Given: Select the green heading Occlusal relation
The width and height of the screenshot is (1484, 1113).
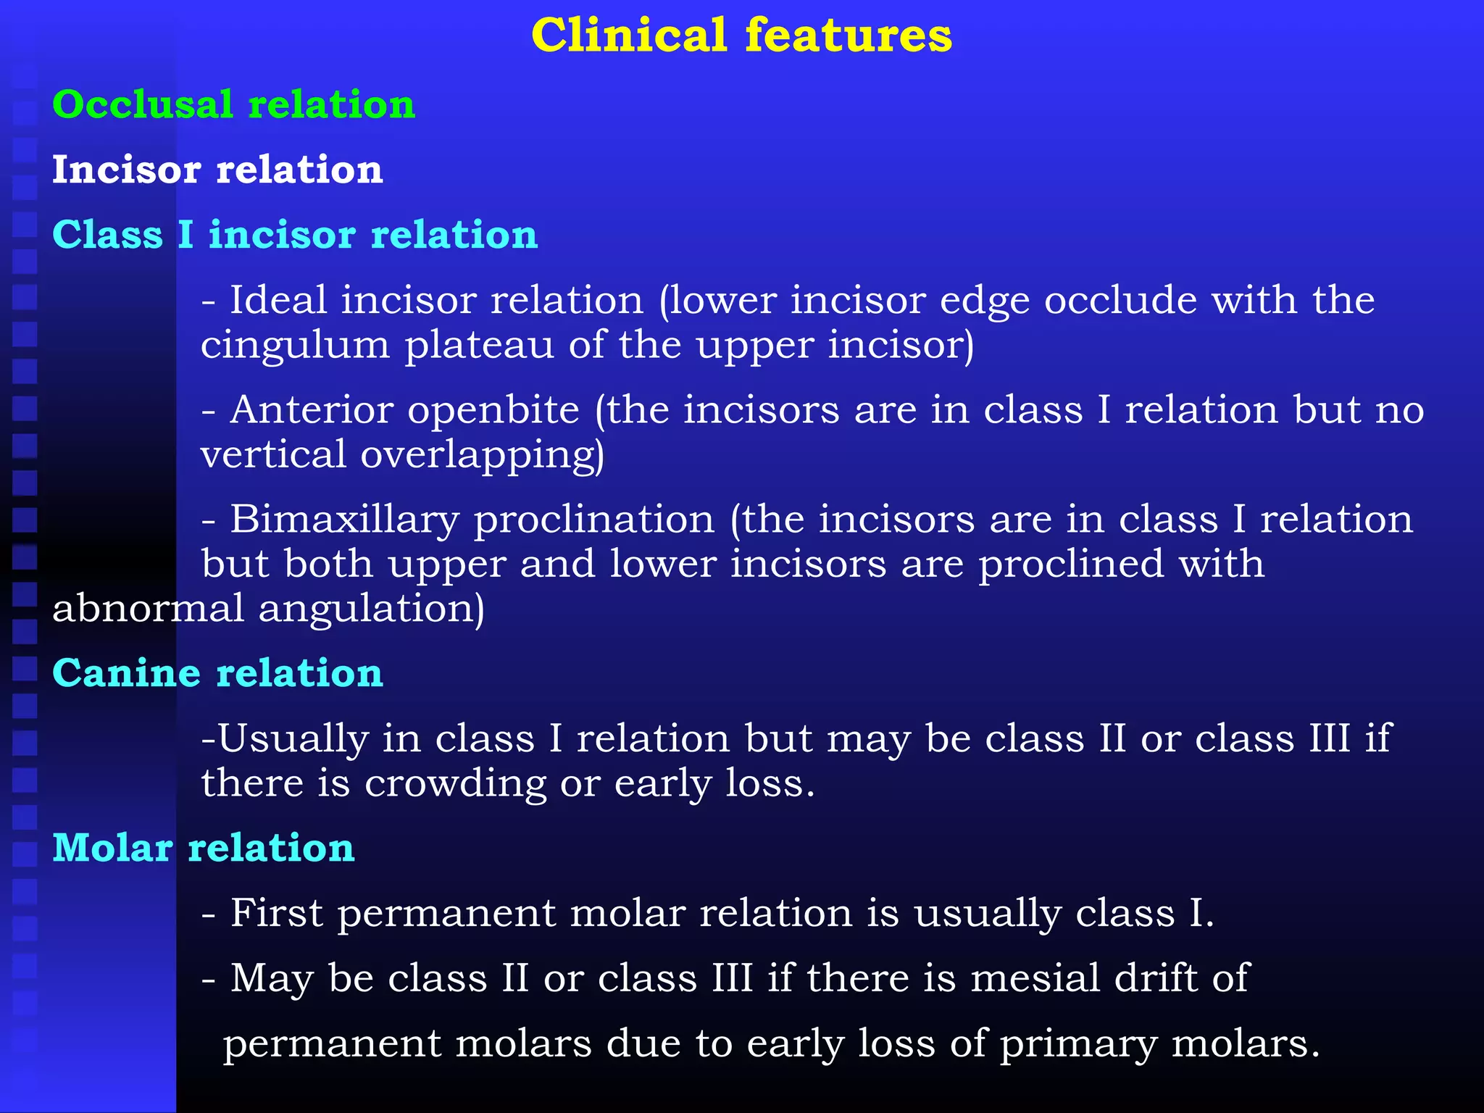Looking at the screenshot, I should (x=233, y=104).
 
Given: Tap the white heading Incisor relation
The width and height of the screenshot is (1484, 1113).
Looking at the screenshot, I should (x=217, y=170).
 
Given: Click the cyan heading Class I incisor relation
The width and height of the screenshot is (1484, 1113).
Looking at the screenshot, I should (x=295, y=235).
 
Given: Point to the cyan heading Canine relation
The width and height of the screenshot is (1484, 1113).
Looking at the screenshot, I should (x=217, y=673).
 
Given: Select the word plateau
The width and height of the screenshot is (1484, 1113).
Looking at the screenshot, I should (x=479, y=346).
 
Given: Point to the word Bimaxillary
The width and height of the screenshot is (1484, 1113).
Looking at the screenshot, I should (x=345, y=520).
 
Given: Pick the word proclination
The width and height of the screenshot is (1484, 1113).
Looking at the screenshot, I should (x=594, y=520).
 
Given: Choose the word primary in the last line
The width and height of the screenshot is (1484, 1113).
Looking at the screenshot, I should (x=1078, y=1045).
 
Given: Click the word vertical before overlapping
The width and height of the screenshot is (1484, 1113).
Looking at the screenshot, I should (x=273, y=455).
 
